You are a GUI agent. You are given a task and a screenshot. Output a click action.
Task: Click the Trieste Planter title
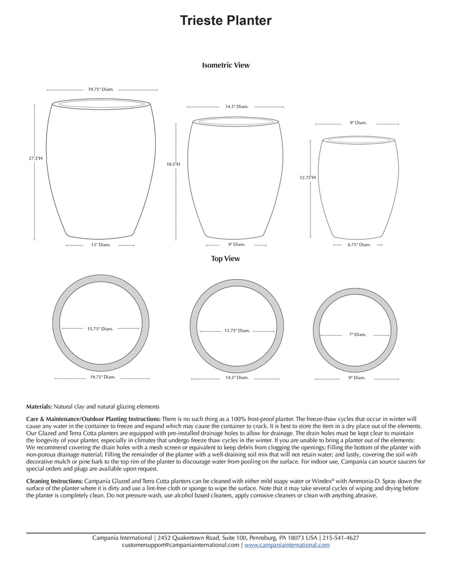tap(226, 21)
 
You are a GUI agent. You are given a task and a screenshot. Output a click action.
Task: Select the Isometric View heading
tap(226, 65)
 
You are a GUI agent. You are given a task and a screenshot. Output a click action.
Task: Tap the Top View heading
tap(226, 259)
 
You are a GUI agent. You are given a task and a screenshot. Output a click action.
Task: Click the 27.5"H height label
tap(36, 159)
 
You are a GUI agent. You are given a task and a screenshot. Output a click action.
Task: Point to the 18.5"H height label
tap(173, 164)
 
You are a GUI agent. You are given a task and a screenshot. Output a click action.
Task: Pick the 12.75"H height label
tap(308, 177)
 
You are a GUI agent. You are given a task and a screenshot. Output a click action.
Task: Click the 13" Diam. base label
tap(102, 245)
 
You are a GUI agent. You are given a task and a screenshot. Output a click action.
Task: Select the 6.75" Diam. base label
tap(359, 245)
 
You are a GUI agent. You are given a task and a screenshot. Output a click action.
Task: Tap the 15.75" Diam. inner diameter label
tap(100, 329)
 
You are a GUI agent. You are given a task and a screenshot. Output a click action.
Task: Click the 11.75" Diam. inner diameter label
tap(237, 331)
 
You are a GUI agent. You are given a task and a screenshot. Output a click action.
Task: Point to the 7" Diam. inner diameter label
tap(358, 334)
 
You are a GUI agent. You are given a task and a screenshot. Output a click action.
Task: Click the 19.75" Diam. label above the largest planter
tap(102, 89)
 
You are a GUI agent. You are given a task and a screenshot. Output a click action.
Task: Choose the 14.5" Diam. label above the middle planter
tap(237, 106)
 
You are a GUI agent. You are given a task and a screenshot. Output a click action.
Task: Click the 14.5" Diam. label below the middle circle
tap(237, 377)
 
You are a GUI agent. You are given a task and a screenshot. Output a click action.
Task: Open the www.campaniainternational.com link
tap(287, 545)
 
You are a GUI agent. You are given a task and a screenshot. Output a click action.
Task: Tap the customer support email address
tap(181, 545)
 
